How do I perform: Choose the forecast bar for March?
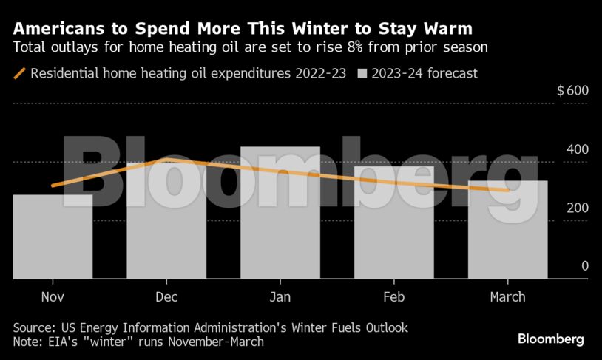point(508,230)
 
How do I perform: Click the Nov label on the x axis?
point(53,296)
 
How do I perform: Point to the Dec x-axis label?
point(166,296)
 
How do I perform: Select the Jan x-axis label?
point(280,296)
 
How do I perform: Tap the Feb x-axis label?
point(394,296)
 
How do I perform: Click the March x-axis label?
point(508,296)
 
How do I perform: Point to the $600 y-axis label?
point(572,91)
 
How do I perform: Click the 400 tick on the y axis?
point(578,149)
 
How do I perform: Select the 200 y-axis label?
point(578,208)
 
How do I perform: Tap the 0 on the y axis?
point(584,266)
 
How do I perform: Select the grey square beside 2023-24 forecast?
point(362,73)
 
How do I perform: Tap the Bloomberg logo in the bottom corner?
point(550,339)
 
